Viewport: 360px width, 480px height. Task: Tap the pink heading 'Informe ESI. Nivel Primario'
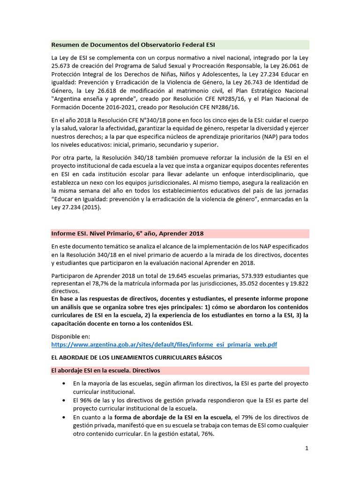click(127, 233)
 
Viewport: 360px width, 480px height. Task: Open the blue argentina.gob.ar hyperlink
click(164, 345)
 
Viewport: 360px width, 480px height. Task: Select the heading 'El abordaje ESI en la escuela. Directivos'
click(105, 370)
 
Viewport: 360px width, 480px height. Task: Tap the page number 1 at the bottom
click(307, 448)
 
